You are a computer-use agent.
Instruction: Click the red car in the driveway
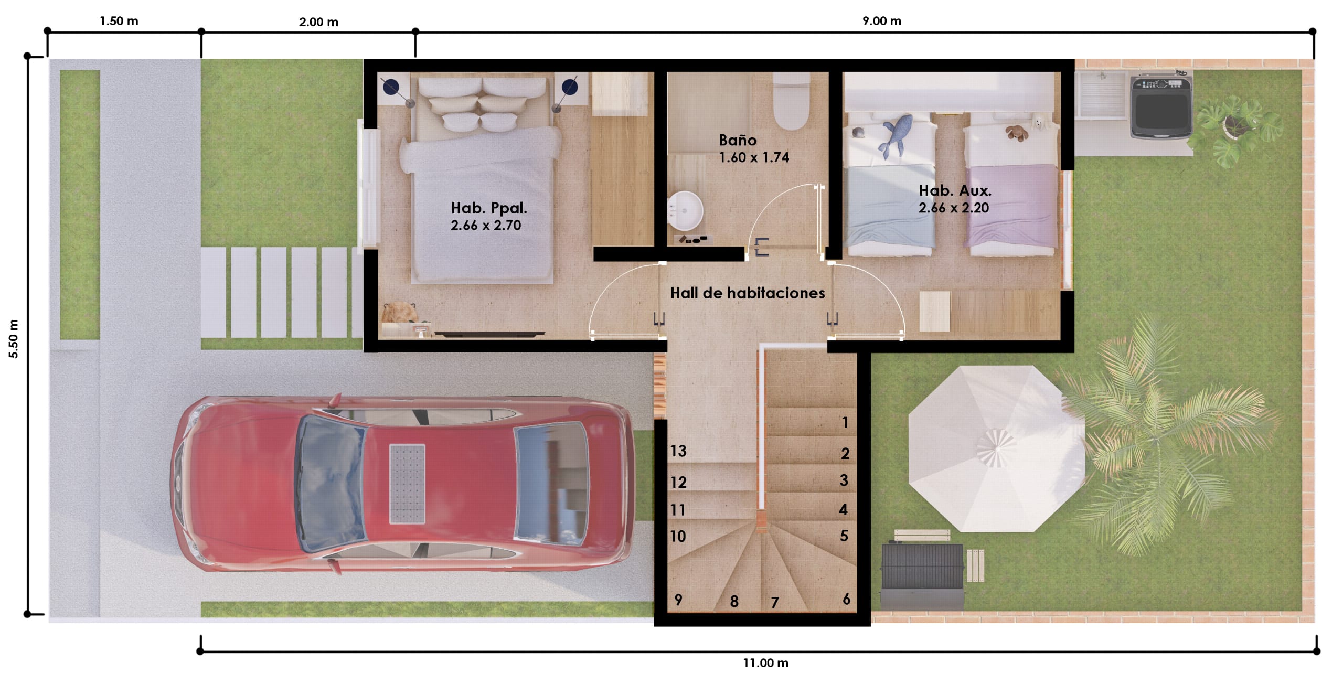(401, 484)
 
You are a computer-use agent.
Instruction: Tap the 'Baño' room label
(738, 140)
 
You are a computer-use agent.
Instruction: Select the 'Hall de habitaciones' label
(748, 293)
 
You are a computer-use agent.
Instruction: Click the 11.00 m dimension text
(765, 663)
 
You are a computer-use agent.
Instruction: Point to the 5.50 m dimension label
(14, 338)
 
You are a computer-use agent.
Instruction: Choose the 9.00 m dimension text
(882, 21)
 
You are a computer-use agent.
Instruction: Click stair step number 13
(678, 451)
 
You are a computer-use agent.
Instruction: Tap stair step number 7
(774, 603)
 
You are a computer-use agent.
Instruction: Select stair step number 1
(845, 422)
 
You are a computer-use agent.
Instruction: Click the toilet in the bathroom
(792, 102)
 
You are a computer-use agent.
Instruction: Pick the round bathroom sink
(685, 210)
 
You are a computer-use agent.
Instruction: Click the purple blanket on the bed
(1011, 206)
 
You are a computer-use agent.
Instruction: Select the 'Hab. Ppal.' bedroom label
(489, 208)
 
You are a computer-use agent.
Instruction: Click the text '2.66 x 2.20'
(954, 208)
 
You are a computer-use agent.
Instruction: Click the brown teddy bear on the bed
(1016, 133)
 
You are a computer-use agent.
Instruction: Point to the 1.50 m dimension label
(119, 21)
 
